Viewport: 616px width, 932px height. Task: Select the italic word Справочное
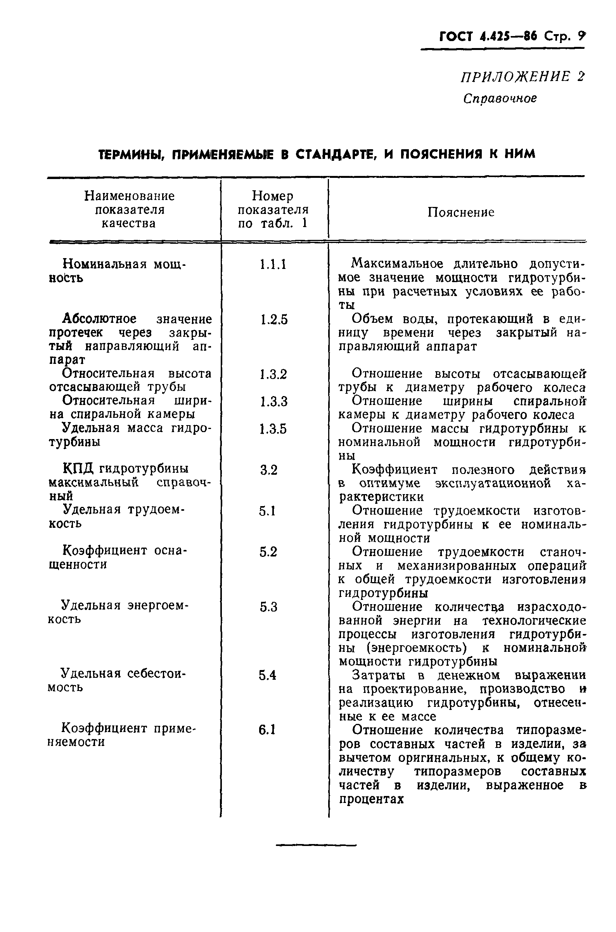click(500, 98)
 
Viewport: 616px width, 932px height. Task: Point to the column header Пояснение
click(461, 213)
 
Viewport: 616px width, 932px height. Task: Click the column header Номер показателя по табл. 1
click(273, 210)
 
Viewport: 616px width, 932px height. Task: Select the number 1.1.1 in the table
click(273, 265)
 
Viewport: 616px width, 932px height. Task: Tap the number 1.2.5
click(274, 320)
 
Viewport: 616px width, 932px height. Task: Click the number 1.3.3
click(274, 402)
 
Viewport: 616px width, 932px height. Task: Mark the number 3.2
click(269, 470)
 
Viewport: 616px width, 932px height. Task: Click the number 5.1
click(267, 511)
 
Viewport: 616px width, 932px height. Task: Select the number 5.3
click(268, 608)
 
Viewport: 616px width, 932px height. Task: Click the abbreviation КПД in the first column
click(78, 469)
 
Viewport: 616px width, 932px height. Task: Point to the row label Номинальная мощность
click(118, 271)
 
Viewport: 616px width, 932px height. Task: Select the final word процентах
click(371, 799)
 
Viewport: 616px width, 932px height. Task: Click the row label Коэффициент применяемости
click(122, 736)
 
